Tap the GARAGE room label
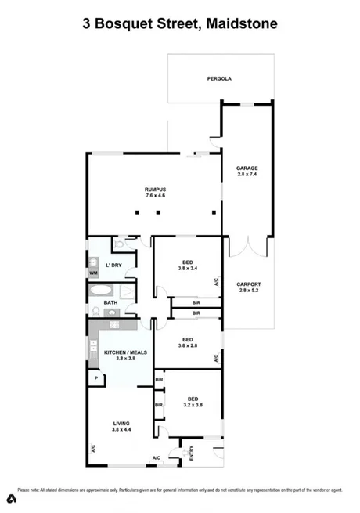(x=247, y=168)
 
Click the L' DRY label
(x=113, y=266)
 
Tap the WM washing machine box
(x=93, y=273)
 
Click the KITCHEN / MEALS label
(x=124, y=353)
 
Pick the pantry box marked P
(x=96, y=379)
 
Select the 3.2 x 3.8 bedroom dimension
(x=191, y=406)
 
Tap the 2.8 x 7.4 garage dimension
(x=247, y=175)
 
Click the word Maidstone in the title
(x=243, y=24)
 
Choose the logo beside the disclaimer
(x=12, y=499)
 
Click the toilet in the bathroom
(x=117, y=246)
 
